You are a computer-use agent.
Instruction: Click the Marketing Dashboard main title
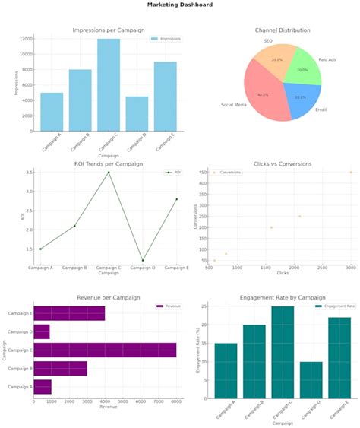click(180, 5)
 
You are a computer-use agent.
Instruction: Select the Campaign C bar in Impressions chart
click(108, 84)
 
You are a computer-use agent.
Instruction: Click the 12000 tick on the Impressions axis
click(26, 39)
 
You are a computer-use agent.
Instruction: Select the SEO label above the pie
click(268, 40)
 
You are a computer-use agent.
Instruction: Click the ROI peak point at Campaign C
click(109, 173)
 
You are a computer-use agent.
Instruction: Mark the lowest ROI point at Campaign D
click(143, 260)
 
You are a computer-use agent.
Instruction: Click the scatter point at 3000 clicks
click(350, 173)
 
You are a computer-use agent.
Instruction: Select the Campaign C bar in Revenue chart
click(105, 350)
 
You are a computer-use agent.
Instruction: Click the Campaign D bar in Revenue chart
click(42, 331)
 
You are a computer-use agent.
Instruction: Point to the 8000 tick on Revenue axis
click(175, 401)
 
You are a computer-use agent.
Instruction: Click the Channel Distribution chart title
click(283, 30)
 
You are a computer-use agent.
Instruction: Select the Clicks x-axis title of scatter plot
click(282, 272)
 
